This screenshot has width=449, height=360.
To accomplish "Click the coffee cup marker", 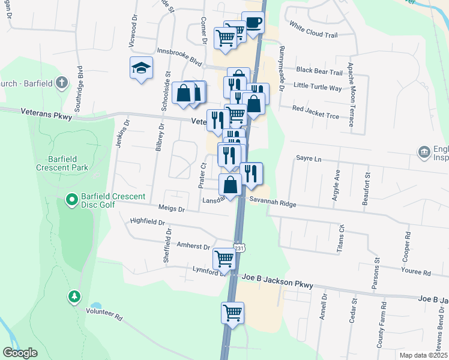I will pyautogui.click(x=253, y=23).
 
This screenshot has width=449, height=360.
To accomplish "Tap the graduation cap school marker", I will pyautogui.click(x=141, y=67).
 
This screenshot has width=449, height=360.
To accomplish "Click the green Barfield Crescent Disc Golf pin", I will pyautogui.click(x=71, y=198).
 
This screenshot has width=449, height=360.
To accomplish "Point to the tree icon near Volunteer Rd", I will pyautogui.click(x=74, y=296).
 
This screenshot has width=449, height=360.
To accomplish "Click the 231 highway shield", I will pyautogui.click(x=240, y=248).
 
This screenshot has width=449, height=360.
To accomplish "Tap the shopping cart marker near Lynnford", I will pyautogui.click(x=224, y=259).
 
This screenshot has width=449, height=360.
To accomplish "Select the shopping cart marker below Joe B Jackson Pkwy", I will pyautogui.click(x=232, y=312).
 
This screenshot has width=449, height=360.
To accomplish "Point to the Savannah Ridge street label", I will pyautogui.click(x=273, y=204).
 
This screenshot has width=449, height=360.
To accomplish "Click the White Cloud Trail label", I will pyautogui.click(x=313, y=30).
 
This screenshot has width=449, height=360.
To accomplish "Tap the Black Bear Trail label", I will pyautogui.click(x=319, y=72).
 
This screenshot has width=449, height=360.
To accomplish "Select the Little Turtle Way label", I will pyautogui.click(x=318, y=88).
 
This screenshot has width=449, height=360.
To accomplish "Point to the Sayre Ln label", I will pyautogui.click(x=309, y=159).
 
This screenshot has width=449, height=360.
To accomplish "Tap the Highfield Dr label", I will pyautogui.click(x=147, y=222).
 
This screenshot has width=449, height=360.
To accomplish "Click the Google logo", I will pyautogui.click(x=20, y=353).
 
